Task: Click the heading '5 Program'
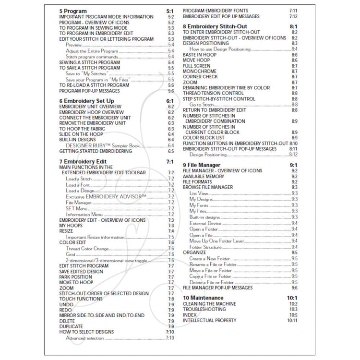tap(73, 10)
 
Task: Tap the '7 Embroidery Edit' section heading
tap(83, 161)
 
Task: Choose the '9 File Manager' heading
tap(201, 165)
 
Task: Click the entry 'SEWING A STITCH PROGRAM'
tap(89, 62)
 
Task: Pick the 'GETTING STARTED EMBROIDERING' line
tap(96, 151)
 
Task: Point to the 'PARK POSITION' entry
tap(75, 277)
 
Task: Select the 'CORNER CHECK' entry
tap(200, 77)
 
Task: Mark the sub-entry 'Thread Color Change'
tap(87, 249)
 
